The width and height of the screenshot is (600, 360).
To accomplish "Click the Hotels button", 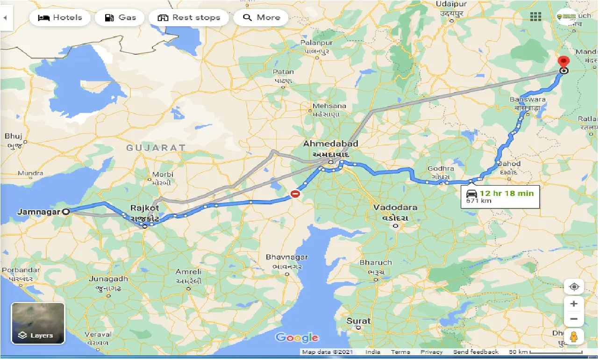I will tap(60, 18).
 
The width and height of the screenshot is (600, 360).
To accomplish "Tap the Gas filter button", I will tap(120, 18).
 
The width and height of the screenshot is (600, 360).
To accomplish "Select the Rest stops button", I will tap(189, 18).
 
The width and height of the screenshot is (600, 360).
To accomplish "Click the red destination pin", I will tap(564, 63).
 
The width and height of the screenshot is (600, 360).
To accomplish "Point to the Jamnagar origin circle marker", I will tap(66, 211).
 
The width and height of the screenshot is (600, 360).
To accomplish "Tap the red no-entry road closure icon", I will tap(295, 193).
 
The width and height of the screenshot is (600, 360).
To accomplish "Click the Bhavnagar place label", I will tap(286, 257).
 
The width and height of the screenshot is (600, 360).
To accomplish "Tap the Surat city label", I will tap(358, 321).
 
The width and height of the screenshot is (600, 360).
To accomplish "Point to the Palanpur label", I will tap(316, 43).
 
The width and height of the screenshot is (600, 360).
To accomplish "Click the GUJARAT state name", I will tap(156, 147).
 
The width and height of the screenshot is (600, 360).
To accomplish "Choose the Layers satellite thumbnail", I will tap(38, 323).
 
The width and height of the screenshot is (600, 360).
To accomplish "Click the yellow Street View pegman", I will tap(574, 337).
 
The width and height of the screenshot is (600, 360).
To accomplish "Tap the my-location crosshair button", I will tap(574, 287).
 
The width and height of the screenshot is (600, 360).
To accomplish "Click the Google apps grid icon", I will tap(536, 16).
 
